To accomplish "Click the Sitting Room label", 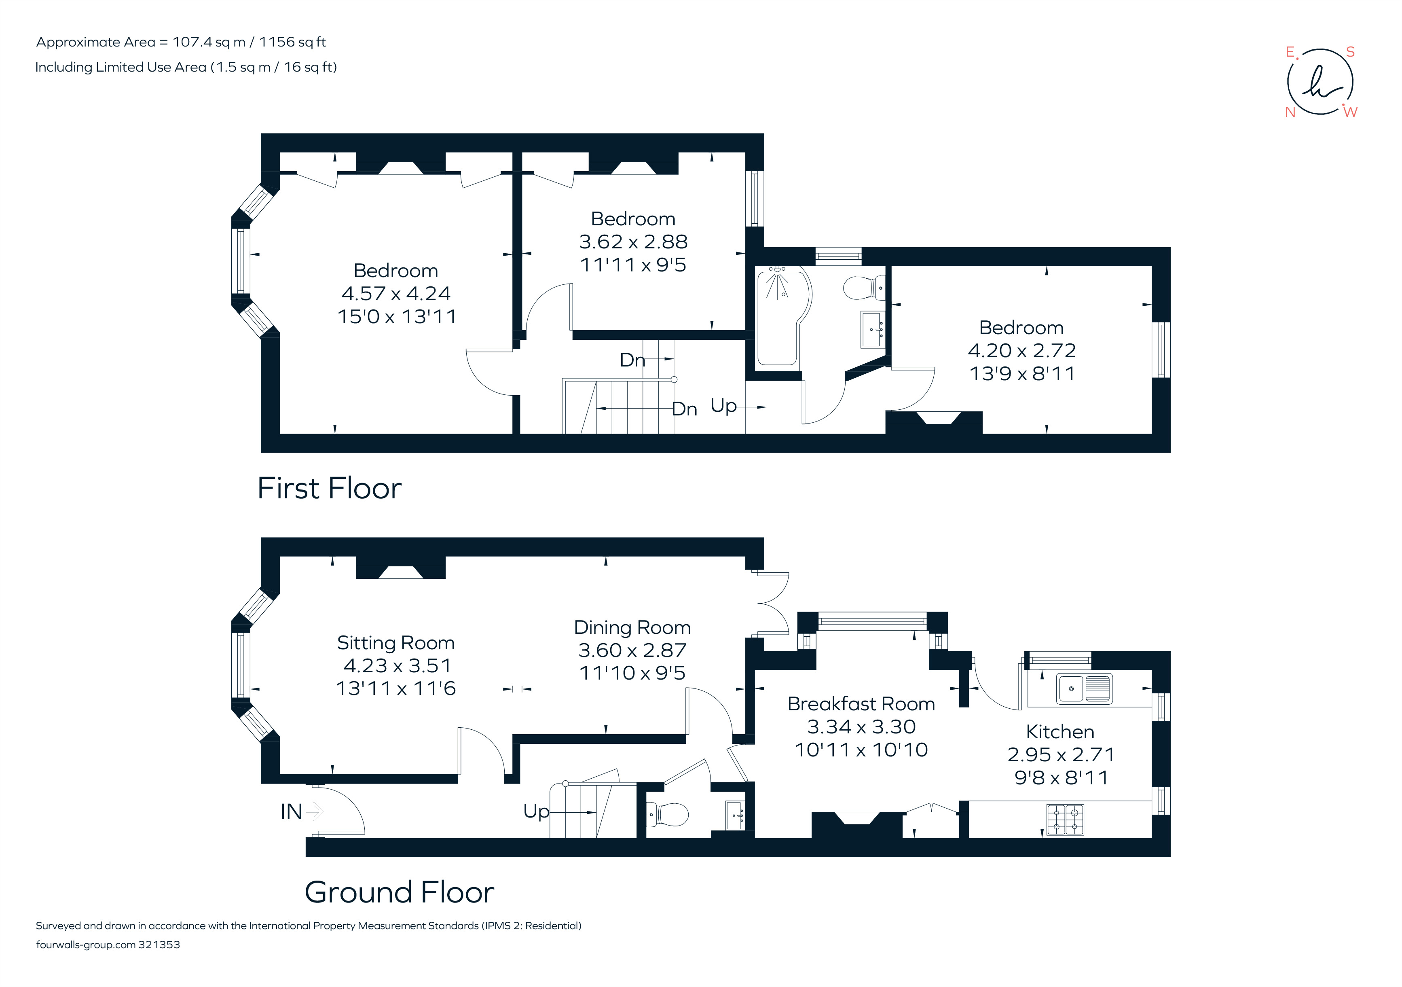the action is click(395, 643).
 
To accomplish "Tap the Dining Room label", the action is click(632, 628).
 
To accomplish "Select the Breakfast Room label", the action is click(861, 704).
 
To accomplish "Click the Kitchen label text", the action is click(1060, 732).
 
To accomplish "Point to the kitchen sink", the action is click(1085, 688).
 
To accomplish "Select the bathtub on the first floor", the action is click(780, 318).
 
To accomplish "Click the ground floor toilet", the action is click(668, 814).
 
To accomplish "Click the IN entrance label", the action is click(291, 812).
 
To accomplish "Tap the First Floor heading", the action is click(329, 489).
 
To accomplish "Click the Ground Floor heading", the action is click(400, 892).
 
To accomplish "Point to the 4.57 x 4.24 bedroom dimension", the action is click(395, 294).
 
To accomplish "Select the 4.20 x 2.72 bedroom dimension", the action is click(1021, 351).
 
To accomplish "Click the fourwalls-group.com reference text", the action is click(108, 945).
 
